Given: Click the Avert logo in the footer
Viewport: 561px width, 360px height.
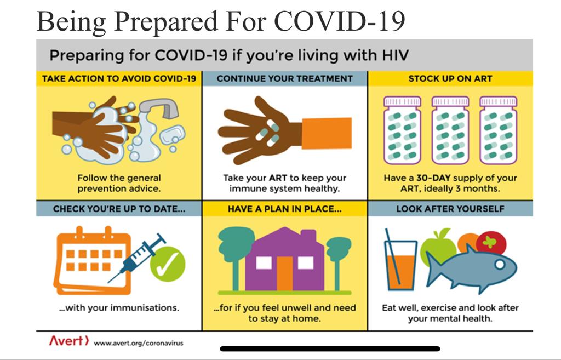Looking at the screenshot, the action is (x=68, y=340).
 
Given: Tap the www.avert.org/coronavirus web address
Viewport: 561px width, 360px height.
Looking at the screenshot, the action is (x=139, y=343).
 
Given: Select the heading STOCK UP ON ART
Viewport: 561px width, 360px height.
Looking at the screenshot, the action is (x=450, y=79).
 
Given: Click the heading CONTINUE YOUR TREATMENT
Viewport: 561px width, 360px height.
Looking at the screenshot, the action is (x=285, y=79).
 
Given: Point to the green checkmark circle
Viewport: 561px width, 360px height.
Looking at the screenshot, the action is (x=168, y=264).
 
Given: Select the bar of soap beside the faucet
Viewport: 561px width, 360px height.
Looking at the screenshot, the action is (x=173, y=135).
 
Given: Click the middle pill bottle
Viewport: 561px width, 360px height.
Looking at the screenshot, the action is (x=450, y=130).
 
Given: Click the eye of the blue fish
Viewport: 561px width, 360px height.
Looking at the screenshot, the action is (x=500, y=265).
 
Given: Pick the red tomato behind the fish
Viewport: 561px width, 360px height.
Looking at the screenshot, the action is (x=491, y=242).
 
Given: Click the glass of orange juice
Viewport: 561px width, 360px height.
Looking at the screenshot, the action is (x=400, y=265).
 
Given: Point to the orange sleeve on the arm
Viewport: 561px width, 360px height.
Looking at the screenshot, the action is (x=327, y=133).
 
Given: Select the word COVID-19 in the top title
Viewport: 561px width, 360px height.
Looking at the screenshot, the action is (x=340, y=21).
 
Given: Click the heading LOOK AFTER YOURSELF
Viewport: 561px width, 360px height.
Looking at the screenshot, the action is (x=450, y=209).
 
